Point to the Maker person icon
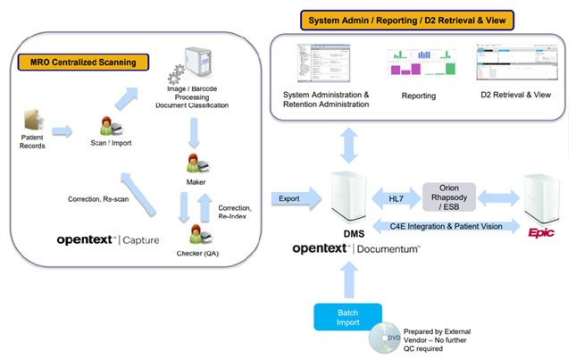(196, 164)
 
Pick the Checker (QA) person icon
(196, 236)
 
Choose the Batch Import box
(347, 316)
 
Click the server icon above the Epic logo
(543, 197)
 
